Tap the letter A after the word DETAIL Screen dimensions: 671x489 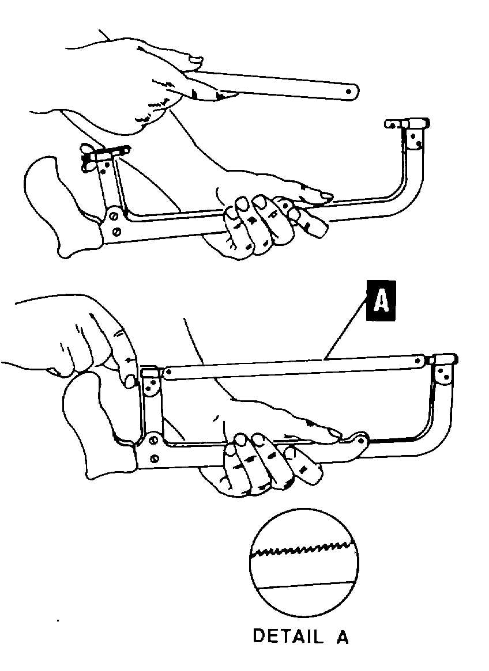coord(342,636)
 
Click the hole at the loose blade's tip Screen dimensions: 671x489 coord(348,90)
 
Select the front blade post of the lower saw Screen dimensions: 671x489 coord(445,371)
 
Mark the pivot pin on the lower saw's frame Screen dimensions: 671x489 coord(362,441)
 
